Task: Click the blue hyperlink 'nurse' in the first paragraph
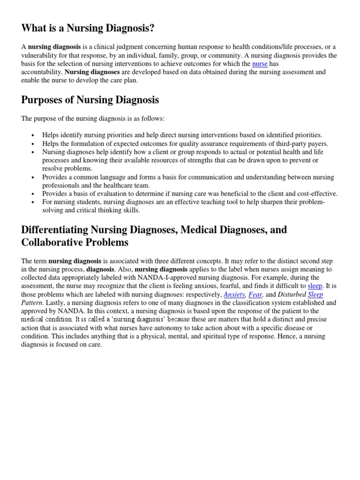(259, 64)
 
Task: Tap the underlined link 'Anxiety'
(234, 294)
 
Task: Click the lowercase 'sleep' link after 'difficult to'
(315, 285)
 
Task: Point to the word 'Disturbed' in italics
(292, 294)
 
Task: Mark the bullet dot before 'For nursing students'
(32, 202)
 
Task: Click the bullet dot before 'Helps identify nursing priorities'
(32, 135)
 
